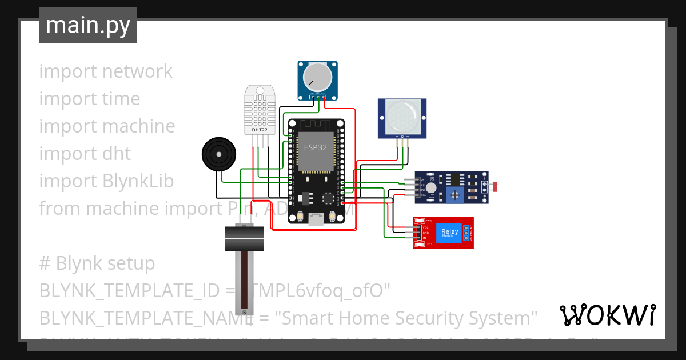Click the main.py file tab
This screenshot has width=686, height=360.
pos(87,25)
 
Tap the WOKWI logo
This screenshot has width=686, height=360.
pos(607,315)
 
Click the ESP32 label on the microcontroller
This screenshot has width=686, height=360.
pos(316,146)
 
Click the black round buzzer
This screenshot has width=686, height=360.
pos(218,154)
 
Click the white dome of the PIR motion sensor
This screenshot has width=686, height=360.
pos(402,116)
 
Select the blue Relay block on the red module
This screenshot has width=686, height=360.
pos(449,233)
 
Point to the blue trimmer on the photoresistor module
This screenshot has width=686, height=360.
pos(455,195)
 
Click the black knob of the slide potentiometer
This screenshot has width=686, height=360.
pos(244,238)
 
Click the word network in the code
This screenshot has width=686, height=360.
pos(137,71)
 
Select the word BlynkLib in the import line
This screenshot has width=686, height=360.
pos(138,181)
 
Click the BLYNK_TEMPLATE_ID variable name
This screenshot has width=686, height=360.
pos(129,291)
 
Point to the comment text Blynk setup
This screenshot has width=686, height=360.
pos(105,263)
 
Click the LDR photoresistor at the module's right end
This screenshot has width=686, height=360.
pos(494,186)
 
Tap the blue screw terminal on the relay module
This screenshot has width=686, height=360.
pos(467,233)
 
